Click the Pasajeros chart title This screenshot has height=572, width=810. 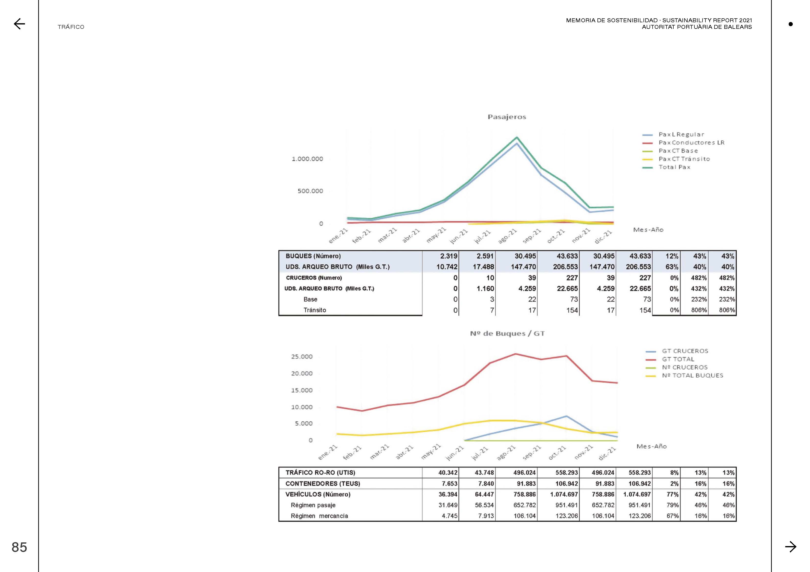point(507,117)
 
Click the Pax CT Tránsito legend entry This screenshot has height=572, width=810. point(676,159)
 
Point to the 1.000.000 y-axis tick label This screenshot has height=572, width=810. point(307,159)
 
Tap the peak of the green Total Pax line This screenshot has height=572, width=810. point(517,137)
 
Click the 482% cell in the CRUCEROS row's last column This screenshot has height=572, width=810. point(727,278)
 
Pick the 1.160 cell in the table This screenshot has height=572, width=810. point(485,289)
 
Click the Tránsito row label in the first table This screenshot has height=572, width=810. point(315,310)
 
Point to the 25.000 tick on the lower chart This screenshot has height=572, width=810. point(302,357)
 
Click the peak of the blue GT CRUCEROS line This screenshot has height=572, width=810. point(566,416)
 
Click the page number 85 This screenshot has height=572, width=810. point(19,547)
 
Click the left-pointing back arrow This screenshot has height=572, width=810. point(19,24)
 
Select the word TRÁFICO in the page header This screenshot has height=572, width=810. point(71,27)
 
